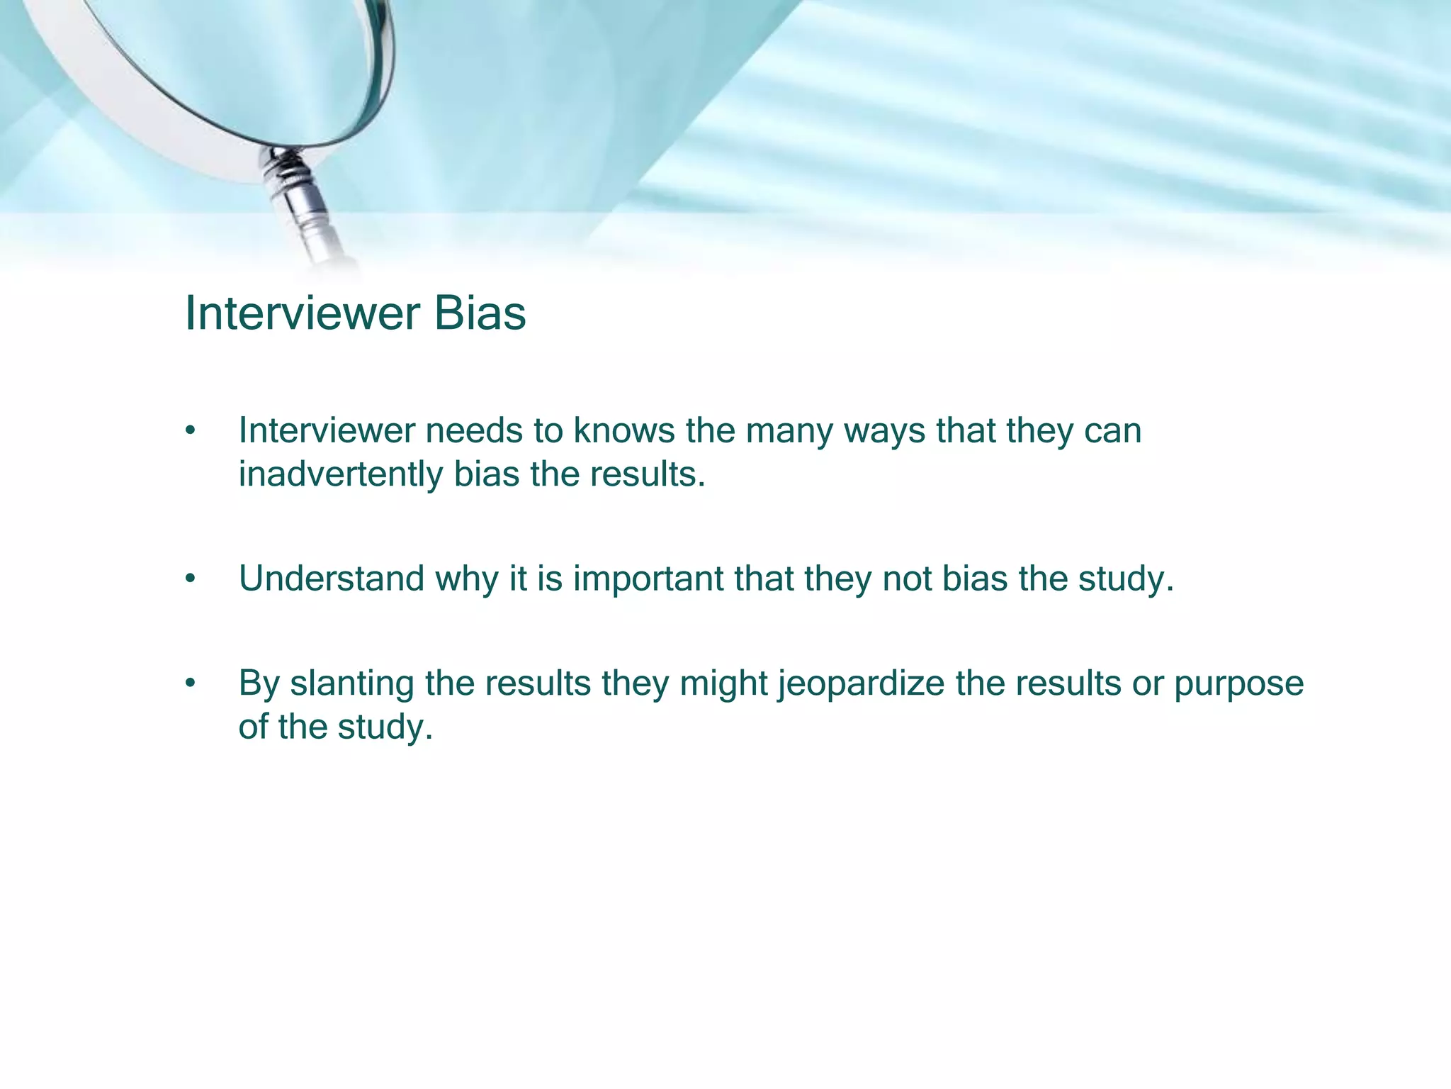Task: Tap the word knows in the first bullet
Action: pyautogui.click(x=624, y=430)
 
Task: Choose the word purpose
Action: pyautogui.click(x=1238, y=685)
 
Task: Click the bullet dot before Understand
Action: pyautogui.click(x=189, y=579)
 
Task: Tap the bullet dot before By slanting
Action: pyautogui.click(x=189, y=684)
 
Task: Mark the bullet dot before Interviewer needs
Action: pyautogui.click(x=189, y=431)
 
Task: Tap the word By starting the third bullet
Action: pyautogui.click(x=259, y=683)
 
